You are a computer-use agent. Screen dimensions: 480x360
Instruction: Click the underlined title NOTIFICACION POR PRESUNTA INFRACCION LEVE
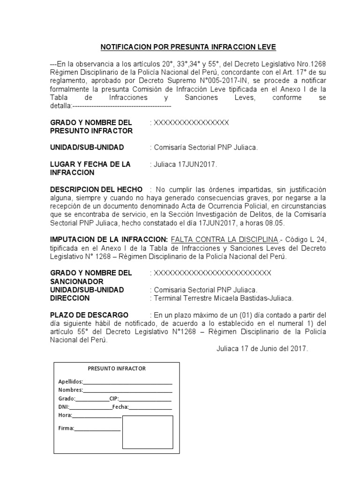[x=188, y=47]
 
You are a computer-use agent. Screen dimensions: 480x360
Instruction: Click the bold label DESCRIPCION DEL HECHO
[x=97, y=189]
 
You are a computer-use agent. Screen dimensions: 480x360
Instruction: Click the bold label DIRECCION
[x=70, y=298]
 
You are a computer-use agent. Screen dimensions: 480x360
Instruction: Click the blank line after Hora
[x=97, y=415]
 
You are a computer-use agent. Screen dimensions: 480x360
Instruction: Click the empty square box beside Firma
[x=148, y=432]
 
